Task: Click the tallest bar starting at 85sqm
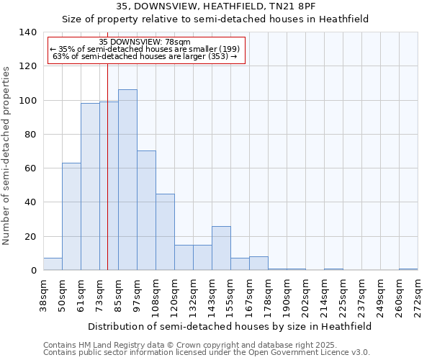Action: pyautogui.click(x=127, y=180)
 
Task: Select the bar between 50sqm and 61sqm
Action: pyautogui.click(x=71, y=217)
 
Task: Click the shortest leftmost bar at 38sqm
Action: pyautogui.click(x=53, y=264)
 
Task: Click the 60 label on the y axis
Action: pyautogui.click(x=30, y=168)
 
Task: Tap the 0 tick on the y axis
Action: pyautogui.click(x=33, y=271)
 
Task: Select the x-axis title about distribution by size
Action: pyautogui.click(x=230, y=326)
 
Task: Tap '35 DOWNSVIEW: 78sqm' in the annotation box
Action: pyautogui.click(x=145, y=42)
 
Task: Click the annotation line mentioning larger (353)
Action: pyautogui.click(x=145, y=56)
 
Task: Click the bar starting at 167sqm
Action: pyautogui.click(x=258, y=264)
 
